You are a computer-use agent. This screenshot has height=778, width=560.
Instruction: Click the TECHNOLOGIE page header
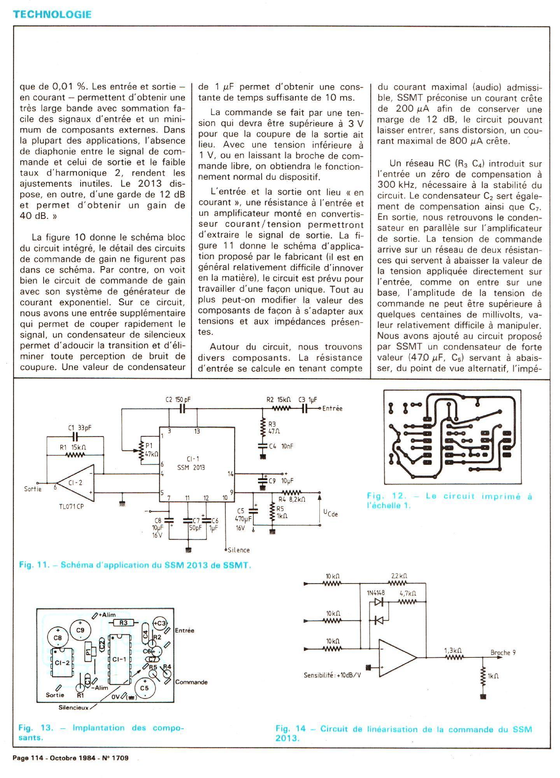pos(52,14)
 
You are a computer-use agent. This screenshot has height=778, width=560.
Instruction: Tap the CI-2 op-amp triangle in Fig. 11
pos(76,483)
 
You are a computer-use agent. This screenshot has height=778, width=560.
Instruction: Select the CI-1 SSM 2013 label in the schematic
pos(191,463)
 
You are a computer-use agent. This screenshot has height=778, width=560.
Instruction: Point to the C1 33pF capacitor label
pos(79,428)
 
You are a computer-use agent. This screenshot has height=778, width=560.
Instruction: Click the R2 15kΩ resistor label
pos(278,400)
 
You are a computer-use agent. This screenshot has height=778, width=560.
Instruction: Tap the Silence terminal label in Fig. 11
pos(239,550)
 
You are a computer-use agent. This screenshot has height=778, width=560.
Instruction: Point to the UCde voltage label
pos(330,513)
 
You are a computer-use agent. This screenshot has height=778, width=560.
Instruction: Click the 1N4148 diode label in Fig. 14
pos(376,593)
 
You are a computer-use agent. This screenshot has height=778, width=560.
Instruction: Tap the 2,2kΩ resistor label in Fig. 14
pos(399,576)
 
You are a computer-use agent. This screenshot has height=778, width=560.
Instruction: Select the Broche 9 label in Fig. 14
pos(503,652)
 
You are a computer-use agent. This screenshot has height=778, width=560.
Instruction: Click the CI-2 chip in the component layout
pos(62,663)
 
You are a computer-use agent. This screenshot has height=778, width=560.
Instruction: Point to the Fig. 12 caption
pos(449,501)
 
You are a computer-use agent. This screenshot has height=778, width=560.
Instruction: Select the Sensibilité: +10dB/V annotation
pos(332,675)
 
